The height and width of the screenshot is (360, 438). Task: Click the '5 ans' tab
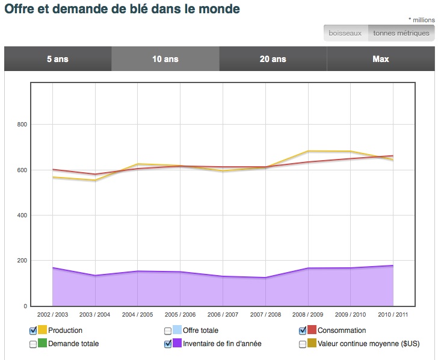(58, 59)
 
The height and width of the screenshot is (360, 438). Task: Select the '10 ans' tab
(165, 59)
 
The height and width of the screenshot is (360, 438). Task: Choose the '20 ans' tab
(273, 59)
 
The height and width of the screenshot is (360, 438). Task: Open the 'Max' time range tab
(380, 59)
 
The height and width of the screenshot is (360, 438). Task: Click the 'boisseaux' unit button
(345, 33)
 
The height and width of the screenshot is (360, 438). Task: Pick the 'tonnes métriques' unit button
(401, 33)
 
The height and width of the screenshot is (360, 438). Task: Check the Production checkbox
(33, 331)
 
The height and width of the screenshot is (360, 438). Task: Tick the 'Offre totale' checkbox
(168, 331)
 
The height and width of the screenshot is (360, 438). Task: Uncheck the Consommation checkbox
(303, 331)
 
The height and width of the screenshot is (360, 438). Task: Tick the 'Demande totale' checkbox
(33, 344)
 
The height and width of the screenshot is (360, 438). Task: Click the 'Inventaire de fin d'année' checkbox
(168, 344)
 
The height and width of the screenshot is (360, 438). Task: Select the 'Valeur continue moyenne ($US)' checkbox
(303, 344)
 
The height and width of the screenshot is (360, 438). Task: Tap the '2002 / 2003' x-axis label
(52, 314)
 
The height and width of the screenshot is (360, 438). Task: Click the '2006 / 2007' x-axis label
(223, 314)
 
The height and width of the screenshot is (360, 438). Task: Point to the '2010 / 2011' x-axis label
(393, 314)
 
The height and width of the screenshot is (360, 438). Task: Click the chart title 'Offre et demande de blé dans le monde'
(122, 9)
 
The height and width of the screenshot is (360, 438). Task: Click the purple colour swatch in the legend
(177, 344)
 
